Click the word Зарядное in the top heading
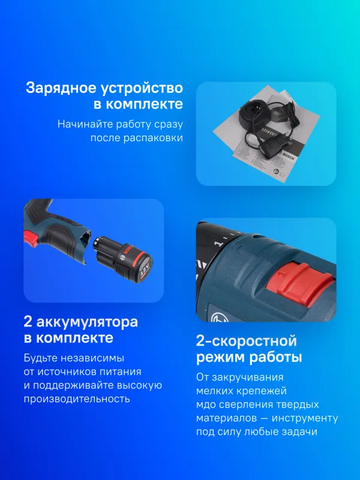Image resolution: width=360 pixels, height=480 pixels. point(56,88)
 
